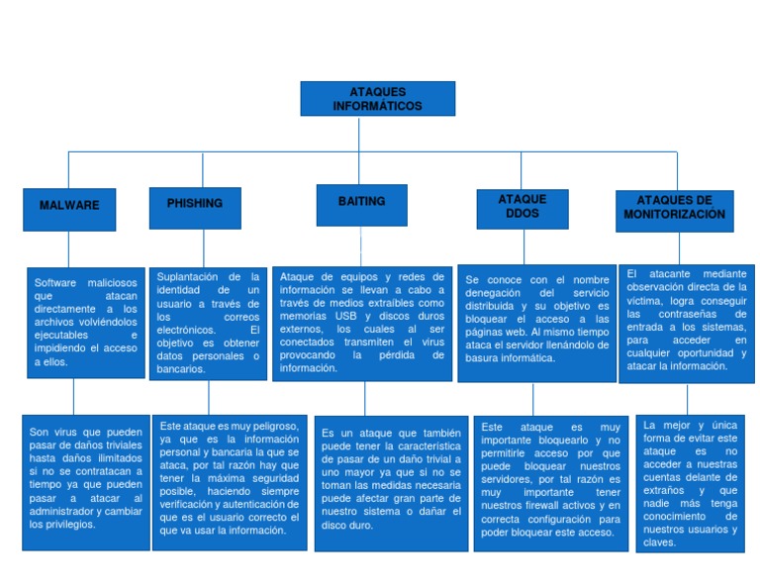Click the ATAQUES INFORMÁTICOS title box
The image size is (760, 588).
click(377, 99)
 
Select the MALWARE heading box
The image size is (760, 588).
click(69, 206)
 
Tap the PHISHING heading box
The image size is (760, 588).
click(195, 204)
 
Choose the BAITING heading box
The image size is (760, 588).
click(361, 202)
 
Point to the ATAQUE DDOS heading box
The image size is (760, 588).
click(522, 206)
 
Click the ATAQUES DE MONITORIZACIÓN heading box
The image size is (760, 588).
click(674, 208)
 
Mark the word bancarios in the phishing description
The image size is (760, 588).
click(181, 369)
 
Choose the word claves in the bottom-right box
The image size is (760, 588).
click(660, 542)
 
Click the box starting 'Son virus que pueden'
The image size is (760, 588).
click(86, 482)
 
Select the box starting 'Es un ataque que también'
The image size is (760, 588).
click(391, 479)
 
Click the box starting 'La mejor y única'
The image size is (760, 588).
click(690, 482)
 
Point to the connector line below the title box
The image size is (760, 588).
click(377, 134)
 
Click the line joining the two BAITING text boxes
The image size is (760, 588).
click(365, 398)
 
